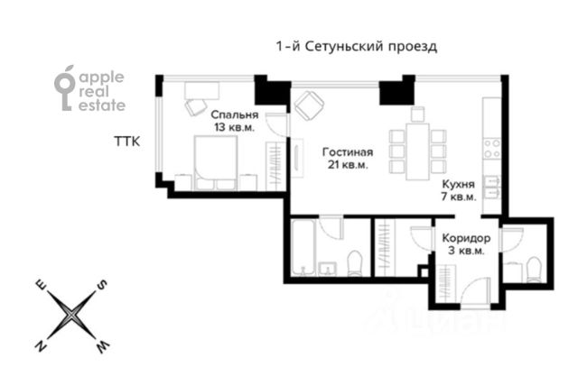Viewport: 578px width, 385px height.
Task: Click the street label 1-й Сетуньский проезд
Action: click(357, 47)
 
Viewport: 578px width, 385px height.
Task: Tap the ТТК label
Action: click(127, 142)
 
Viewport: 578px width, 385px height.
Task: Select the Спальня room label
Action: click(235, 115)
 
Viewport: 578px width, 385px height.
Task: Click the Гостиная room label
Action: click(348, 151)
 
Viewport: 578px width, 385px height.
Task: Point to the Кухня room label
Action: click(459, 184)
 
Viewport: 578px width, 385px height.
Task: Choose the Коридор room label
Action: click(466, 238)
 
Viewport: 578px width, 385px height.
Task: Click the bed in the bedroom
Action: click(216, 162)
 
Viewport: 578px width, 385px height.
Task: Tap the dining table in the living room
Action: click(417, 151)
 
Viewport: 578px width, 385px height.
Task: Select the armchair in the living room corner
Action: click(309, 105)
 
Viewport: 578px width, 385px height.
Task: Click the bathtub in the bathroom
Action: click(303, 247)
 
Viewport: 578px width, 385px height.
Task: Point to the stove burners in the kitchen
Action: click(491, 149)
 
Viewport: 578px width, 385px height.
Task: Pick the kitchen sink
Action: click(491, 187)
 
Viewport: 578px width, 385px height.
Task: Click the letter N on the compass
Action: click(41, 346)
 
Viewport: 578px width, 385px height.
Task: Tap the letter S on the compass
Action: click(102, 285)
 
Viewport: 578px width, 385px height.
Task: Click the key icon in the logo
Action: click(64, 88)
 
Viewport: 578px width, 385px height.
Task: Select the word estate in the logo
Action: click(102, 105)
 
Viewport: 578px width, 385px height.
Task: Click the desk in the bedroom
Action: click(201, 90)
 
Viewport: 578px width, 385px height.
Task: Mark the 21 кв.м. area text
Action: click(348, 164)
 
